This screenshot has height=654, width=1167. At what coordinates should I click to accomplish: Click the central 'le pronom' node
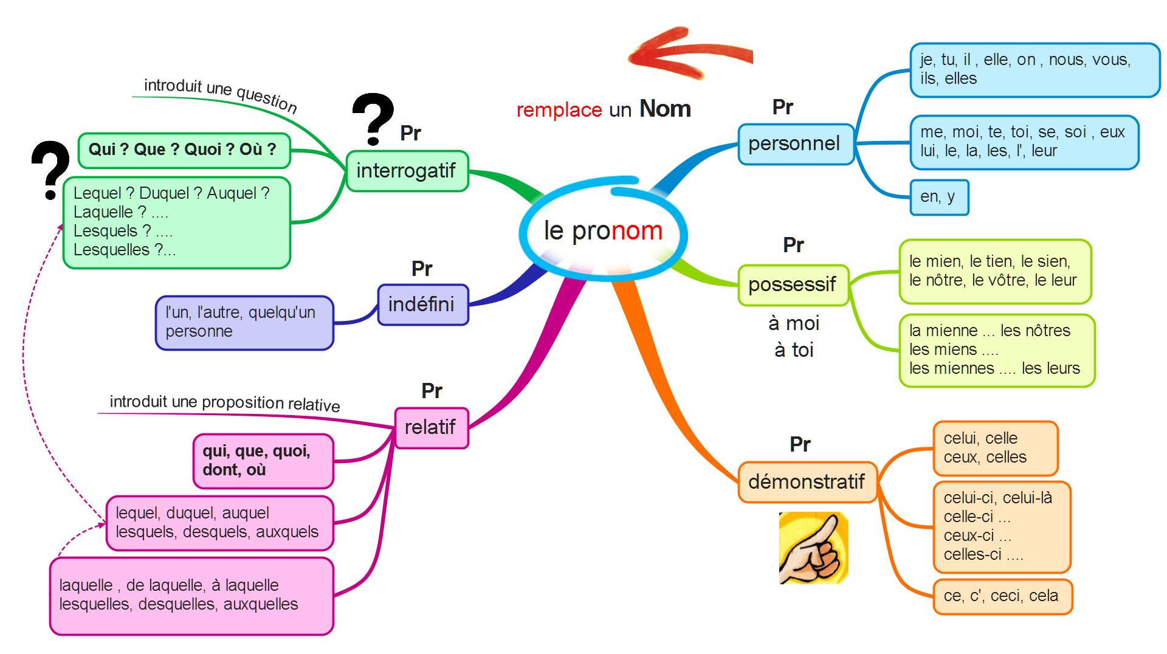(603, 232)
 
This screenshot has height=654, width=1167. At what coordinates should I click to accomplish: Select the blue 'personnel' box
(795, 144)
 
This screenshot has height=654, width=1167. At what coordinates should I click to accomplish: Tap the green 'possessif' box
(793, 284)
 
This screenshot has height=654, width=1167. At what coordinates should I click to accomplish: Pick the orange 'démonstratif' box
(807, 482)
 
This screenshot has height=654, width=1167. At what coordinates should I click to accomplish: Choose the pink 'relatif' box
(431, 428)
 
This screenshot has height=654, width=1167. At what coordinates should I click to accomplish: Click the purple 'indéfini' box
(422, 305)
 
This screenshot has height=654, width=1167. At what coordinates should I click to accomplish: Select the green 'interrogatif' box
(407, 171)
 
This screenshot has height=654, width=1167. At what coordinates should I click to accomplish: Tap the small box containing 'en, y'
(938, 197)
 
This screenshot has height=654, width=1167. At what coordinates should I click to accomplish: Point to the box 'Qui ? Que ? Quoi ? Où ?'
(183, 150)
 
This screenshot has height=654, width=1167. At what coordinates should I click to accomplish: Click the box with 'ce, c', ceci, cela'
(1002, 596)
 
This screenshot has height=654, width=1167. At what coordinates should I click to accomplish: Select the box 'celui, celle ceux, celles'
(995, 448)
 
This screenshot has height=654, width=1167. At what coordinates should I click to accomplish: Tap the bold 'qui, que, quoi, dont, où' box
(263, 461)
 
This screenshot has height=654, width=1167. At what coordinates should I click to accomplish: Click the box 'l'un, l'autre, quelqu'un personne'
(244, 322)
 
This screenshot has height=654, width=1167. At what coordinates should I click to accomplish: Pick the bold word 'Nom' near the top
(665, 109)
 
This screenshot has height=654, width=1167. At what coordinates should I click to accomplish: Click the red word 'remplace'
(559, 110)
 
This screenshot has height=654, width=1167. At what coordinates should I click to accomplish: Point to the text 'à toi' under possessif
(794, 350)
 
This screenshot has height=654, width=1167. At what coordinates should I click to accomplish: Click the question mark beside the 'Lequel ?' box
(50, 170)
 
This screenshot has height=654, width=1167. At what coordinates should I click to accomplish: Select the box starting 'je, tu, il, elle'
(1034, 69)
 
